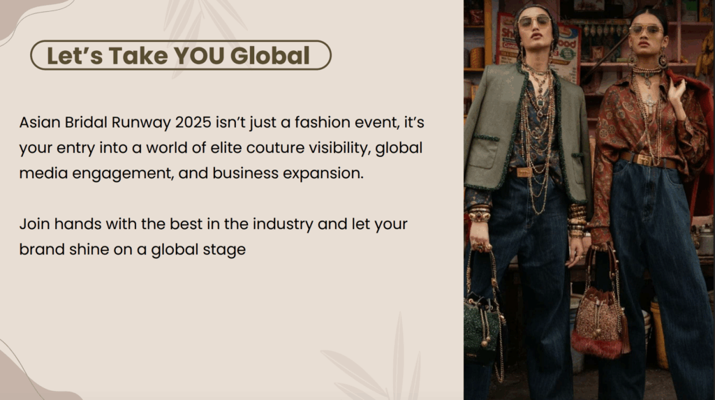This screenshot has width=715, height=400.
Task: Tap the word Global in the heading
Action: (x=270, y=56)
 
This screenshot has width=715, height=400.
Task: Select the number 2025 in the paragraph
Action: (x=193, y=122)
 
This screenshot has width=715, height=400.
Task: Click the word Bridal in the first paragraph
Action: (x=86, y=122)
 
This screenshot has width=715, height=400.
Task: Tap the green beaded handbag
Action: (x=482, y=329)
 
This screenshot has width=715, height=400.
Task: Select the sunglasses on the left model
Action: (x=534, y=22)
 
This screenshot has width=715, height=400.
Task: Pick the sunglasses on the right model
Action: (x=646, y=30)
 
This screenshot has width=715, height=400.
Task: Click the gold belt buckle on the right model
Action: (x=644, y=160)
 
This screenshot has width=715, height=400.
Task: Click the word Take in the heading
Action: (x=138, y=56)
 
